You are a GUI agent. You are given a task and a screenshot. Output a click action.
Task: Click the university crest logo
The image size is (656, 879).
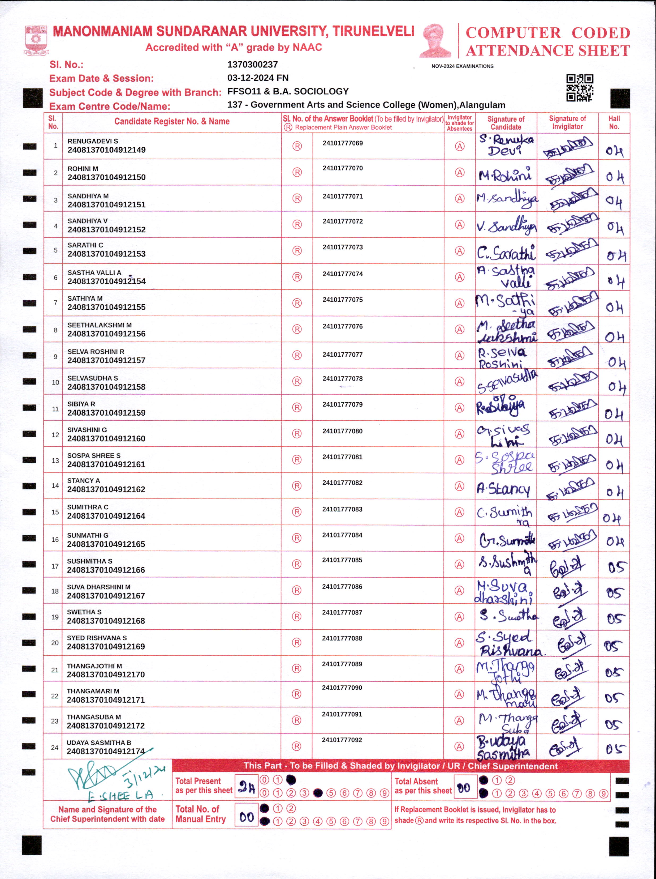[36, 40]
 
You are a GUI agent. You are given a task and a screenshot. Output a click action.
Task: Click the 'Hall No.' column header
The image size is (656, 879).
[614, 122]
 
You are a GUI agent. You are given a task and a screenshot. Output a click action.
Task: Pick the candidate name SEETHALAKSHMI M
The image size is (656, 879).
[99, 325]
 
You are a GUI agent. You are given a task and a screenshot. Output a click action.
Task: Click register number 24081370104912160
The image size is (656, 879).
[106, 439]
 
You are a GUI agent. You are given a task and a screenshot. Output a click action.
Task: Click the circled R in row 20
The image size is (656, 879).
[297, 643]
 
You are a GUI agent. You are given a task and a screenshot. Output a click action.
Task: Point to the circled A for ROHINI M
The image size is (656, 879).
[459, 172]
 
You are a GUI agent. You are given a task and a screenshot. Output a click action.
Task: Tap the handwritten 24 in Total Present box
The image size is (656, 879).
[246, 787]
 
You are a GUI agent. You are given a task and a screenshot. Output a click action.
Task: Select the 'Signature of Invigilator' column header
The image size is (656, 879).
[567, 122]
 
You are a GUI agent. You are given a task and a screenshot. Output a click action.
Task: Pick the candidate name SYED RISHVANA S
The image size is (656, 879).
[97, 638]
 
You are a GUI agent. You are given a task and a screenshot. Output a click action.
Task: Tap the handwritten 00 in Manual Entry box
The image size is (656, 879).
[246, 817]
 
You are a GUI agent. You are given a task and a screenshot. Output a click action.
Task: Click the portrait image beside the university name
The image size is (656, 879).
[436, 41]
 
